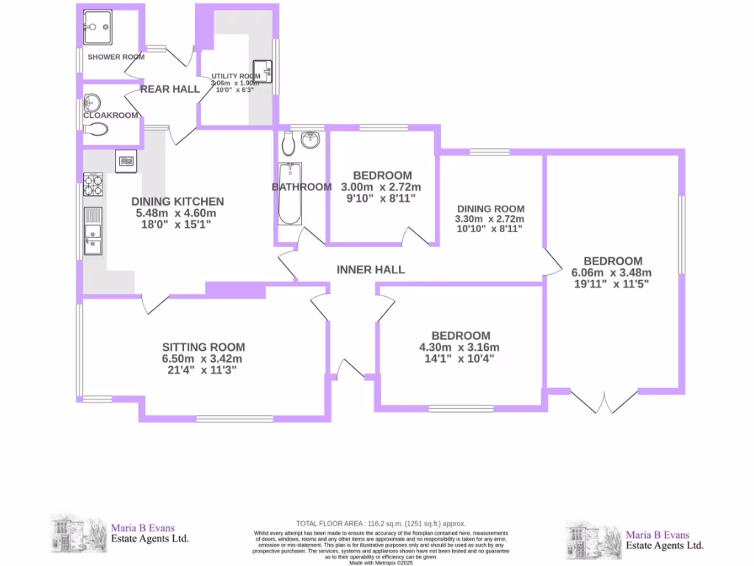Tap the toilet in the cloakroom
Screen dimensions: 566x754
[96, 130]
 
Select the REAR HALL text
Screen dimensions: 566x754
[170, 89]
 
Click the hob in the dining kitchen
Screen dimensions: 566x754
[93, 184]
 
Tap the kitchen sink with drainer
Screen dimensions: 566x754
[94, 230]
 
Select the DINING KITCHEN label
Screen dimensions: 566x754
[177, 201]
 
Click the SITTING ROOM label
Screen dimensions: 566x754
[203, 347]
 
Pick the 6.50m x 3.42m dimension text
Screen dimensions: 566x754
[203, 359]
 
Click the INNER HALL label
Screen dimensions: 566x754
[370, 270]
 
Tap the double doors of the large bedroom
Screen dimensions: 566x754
[604, 400]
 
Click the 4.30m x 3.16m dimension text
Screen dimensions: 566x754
[459, 348]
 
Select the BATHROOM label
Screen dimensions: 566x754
[302, 187]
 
